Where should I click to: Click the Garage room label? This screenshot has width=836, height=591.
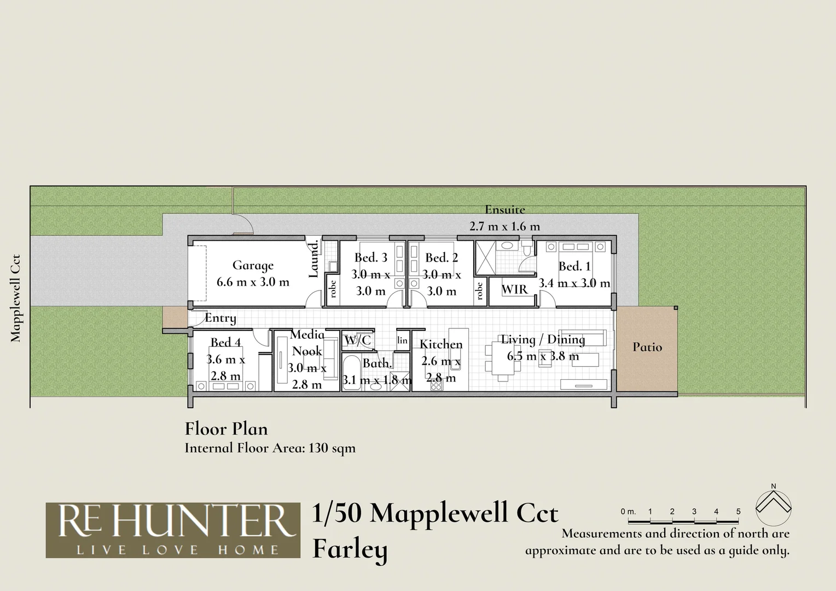(x=253, y=265)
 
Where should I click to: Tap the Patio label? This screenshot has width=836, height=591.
(x=647, y=347)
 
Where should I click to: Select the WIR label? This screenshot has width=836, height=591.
(x=514, y=289)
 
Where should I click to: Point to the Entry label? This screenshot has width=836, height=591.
(x=220, y=318)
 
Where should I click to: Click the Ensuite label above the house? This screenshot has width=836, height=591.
(x=504, y=209)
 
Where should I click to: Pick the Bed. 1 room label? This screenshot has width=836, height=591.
(x=574, y=266)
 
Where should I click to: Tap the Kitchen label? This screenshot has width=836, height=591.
(x=441, y=344)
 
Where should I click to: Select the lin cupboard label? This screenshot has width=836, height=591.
(x=403, y=340)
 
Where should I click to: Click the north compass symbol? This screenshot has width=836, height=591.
(x=773, y=502)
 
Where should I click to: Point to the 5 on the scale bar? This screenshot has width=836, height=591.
(x=738, y=512)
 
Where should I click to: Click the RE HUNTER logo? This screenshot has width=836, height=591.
(x=173, y=530)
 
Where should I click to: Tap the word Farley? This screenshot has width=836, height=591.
(x=350, y=549)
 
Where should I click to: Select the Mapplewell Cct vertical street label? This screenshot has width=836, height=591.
(x=15, y=298)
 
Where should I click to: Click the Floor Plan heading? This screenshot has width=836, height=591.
(x=226, y=428)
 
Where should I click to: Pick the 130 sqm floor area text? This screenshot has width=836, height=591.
(x=332, y=448)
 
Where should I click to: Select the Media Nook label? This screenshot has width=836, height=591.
(x=307, y=343)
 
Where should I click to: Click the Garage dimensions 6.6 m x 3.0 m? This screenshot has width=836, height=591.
(x=253, y=282)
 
